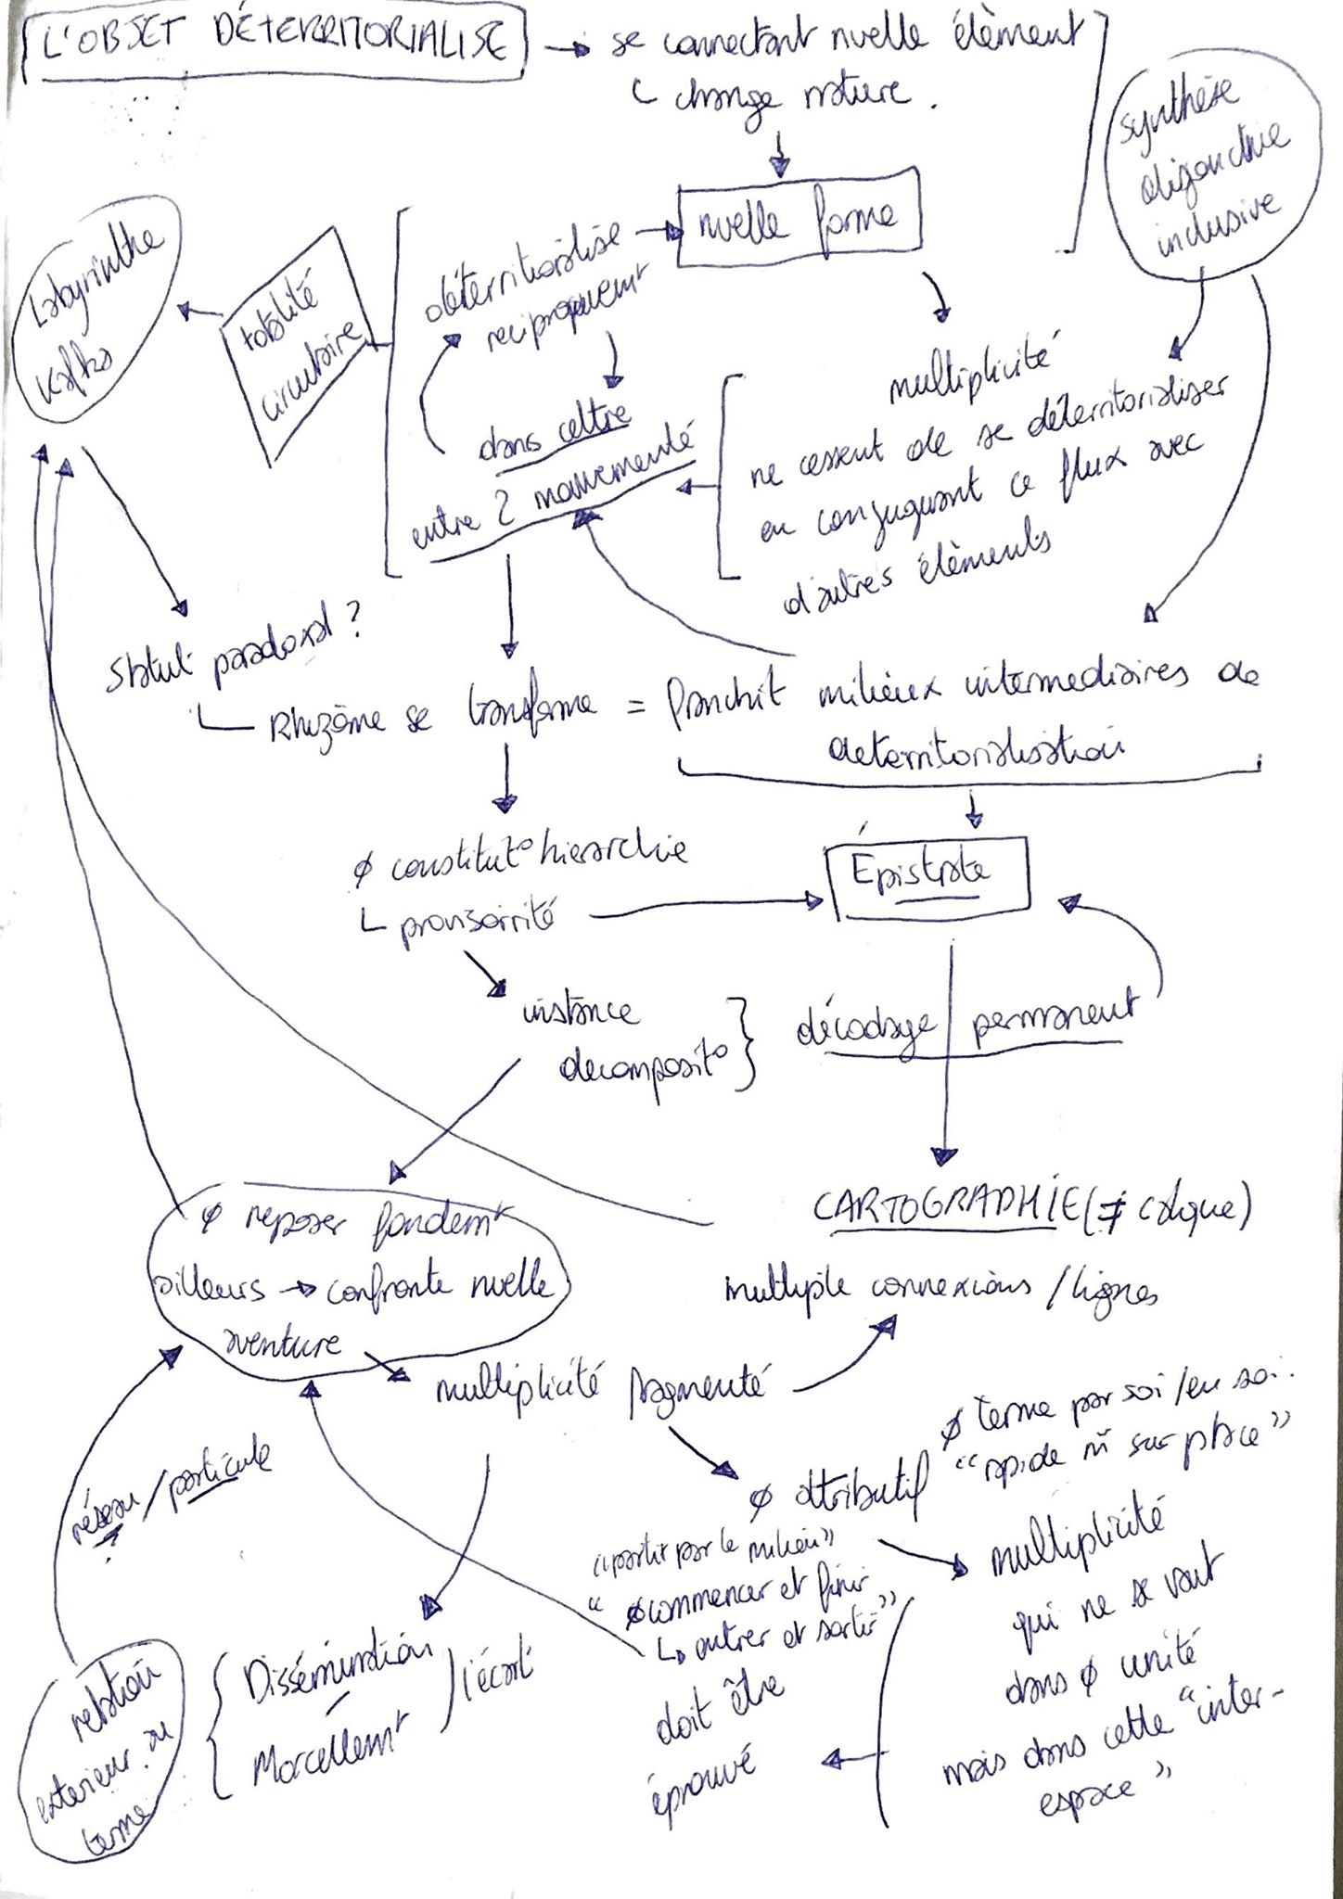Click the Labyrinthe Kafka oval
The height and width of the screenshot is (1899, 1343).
(x=96, y=315)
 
